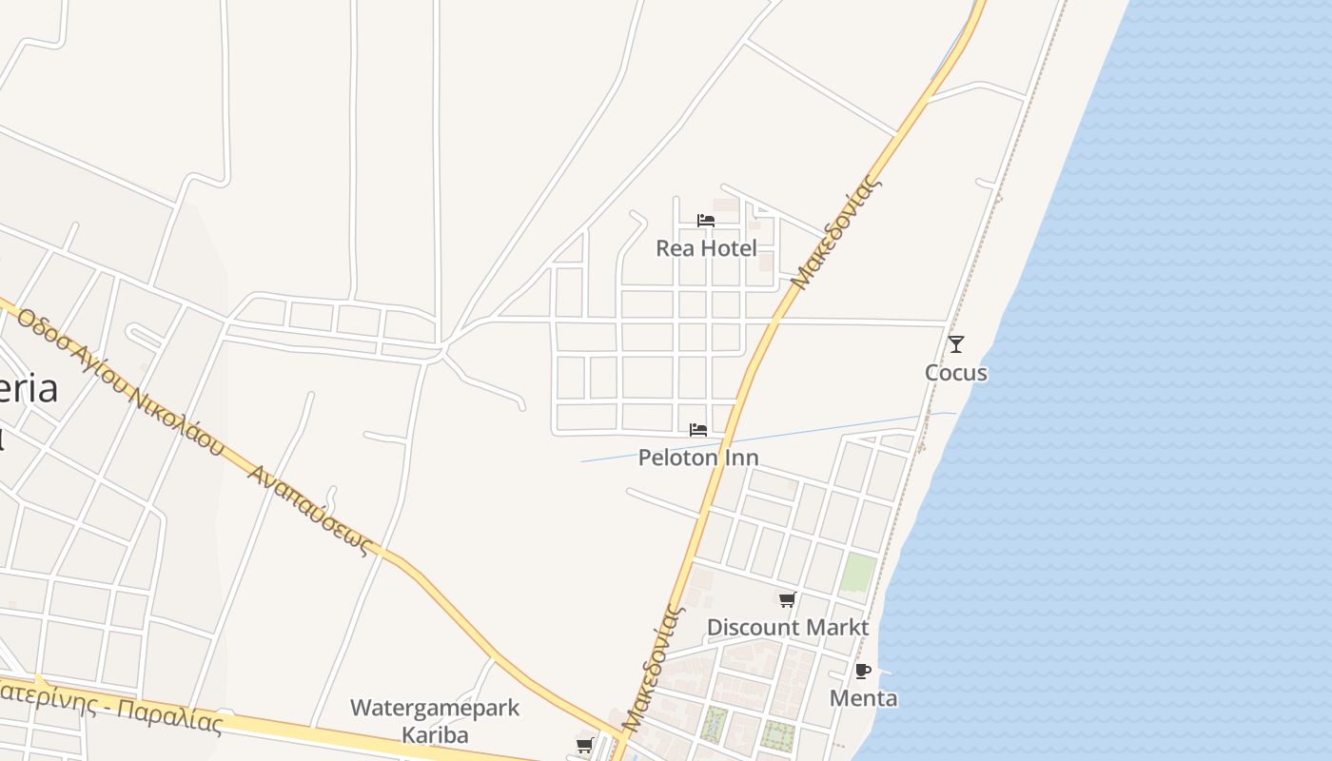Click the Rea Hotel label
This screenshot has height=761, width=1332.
pyautogui.click(x=706, y=248)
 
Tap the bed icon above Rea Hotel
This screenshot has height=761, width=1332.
pyautogui.click(x=706, y=221)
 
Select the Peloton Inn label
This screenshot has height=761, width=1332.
pyautogui.click(x=698, y=458)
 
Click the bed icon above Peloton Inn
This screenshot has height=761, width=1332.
pyautogui.click(x=698, y=430)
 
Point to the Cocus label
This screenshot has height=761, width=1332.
pyautogui.click(x=956, y=373)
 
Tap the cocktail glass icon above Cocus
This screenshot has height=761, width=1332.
pyautogui.click(x=956, y=344)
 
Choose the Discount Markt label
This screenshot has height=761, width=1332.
pyautogui.click(x=787, y=628)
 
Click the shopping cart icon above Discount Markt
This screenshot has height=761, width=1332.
pyautogui.click(x=787, y=600)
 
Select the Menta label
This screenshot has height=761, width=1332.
pyautogui.click(x=863, y=698)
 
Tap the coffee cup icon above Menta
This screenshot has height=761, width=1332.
pyautogui.click(x=863, y=671)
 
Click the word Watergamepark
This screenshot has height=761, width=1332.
pyautogui.click(x=435, y=708)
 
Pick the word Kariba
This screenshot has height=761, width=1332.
pyautogui.click(x=435, y=735)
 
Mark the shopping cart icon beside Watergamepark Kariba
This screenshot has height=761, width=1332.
pyautogui.click(x=584, y=746)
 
